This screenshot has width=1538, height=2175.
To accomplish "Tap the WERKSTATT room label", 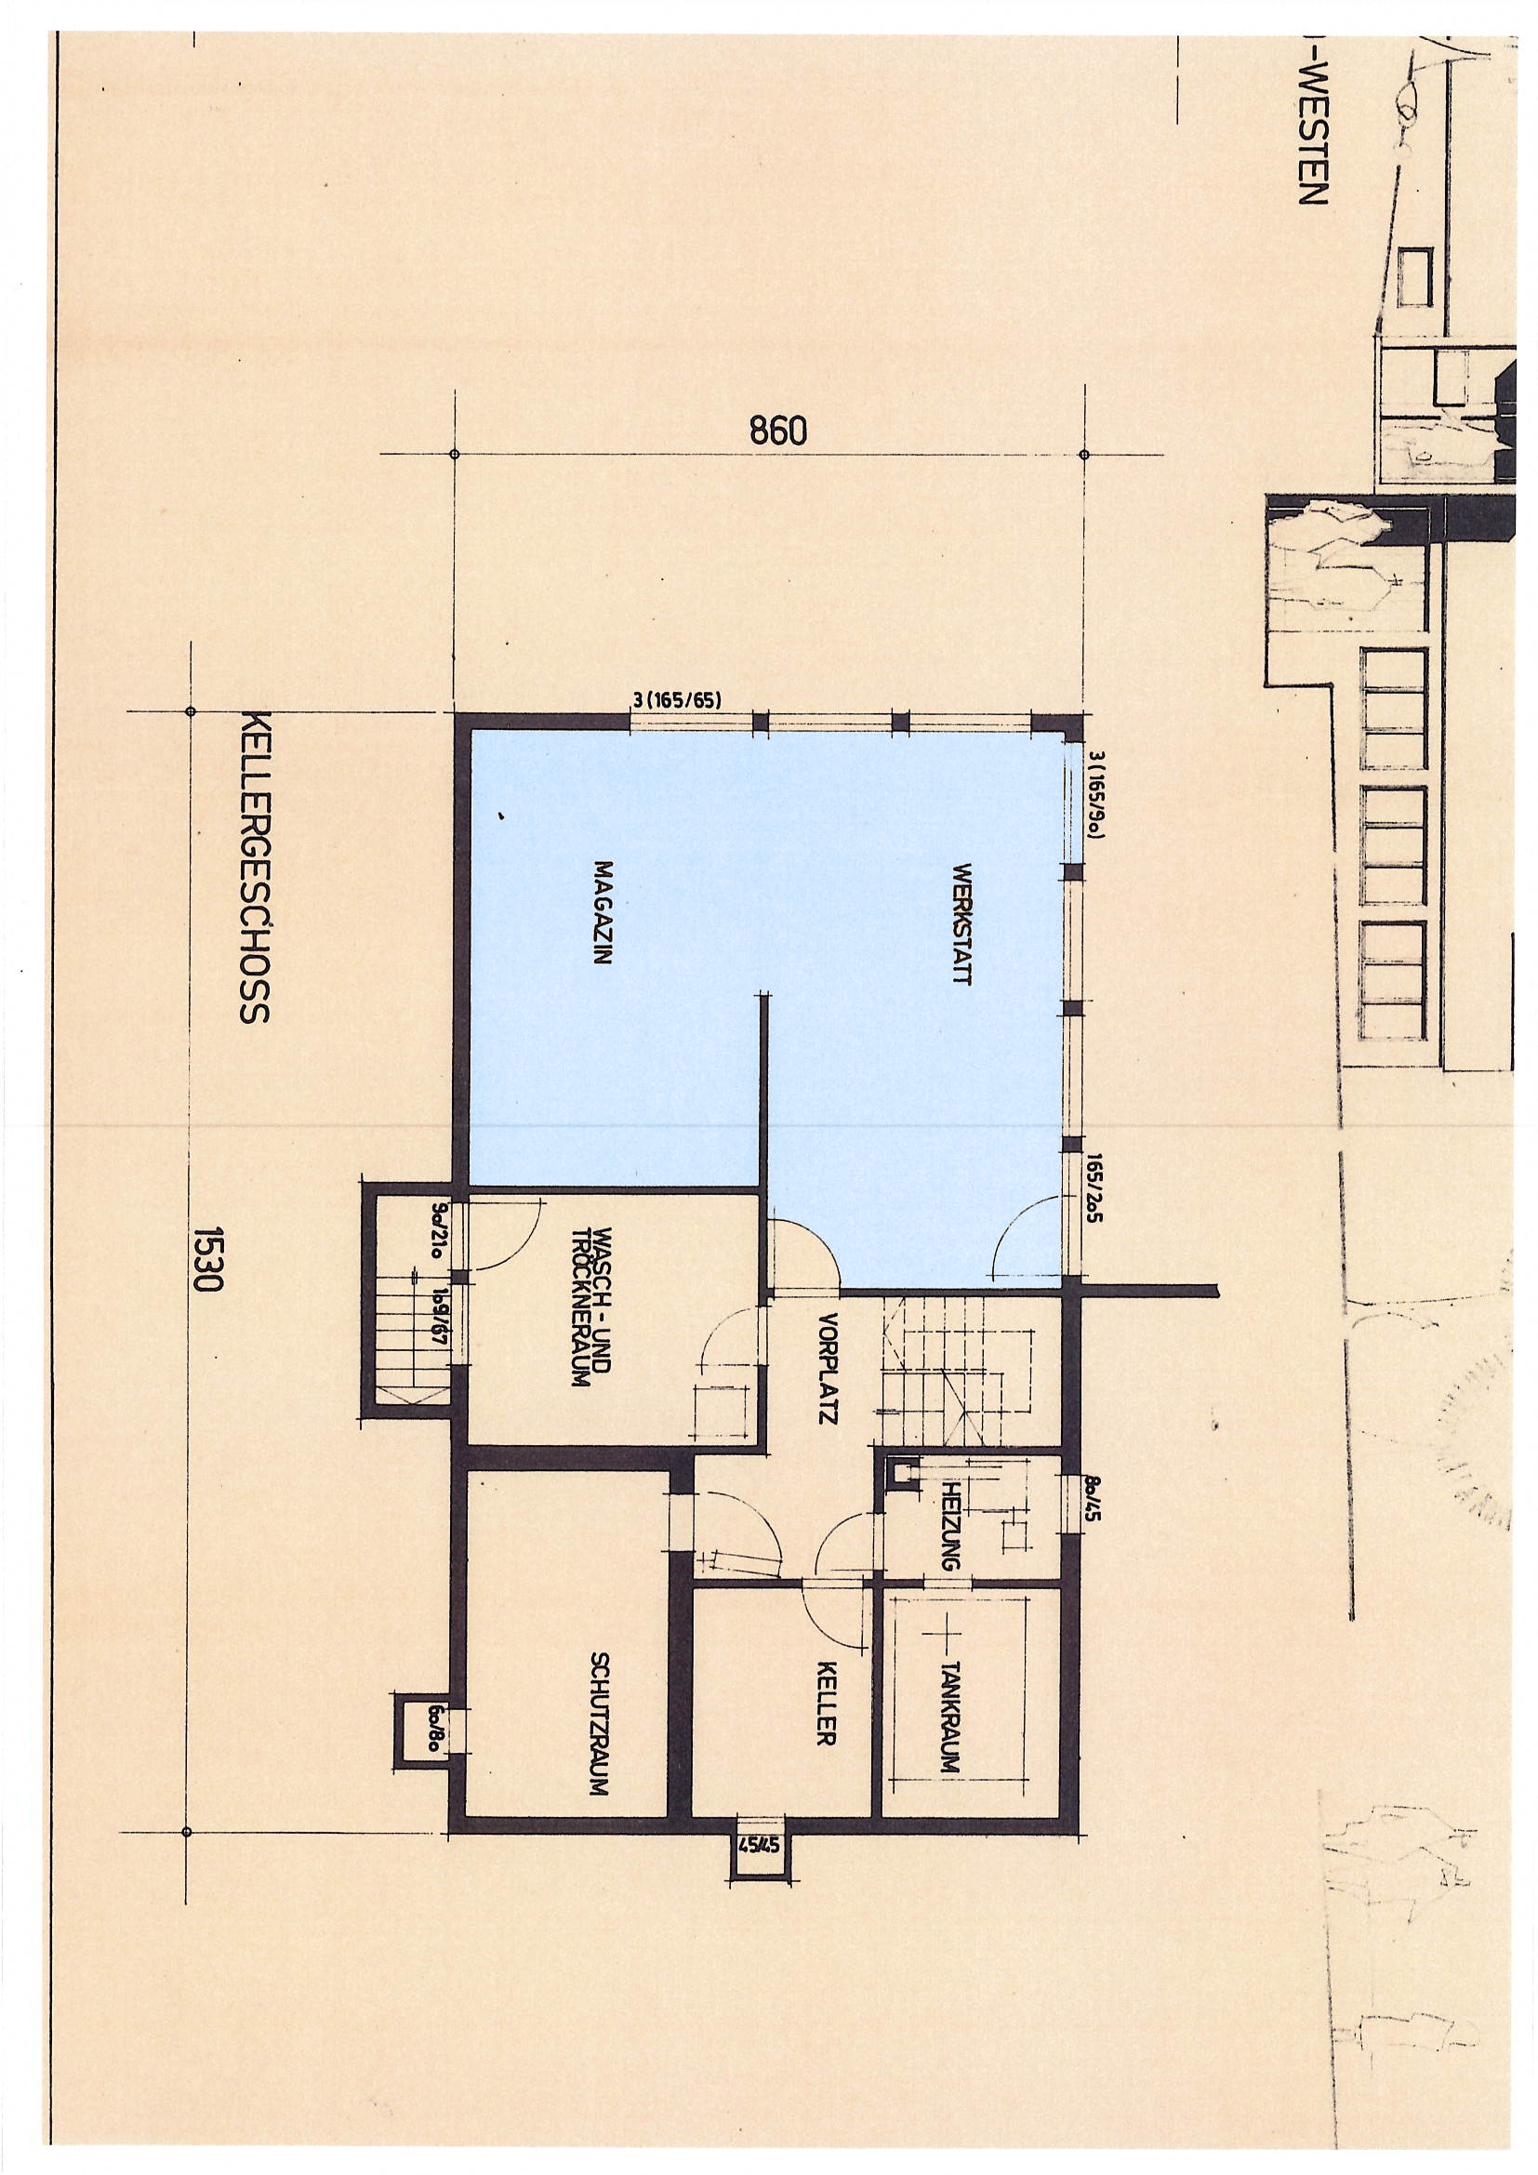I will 962,922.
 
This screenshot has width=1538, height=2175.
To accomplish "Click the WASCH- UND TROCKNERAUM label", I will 591,1308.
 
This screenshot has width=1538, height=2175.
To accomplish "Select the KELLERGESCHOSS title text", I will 255,867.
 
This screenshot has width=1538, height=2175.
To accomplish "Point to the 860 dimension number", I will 778,432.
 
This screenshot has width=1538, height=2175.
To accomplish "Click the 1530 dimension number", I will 206,1260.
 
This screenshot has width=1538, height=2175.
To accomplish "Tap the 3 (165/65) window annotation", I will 678,701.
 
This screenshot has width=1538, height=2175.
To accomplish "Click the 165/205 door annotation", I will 1095,1202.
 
